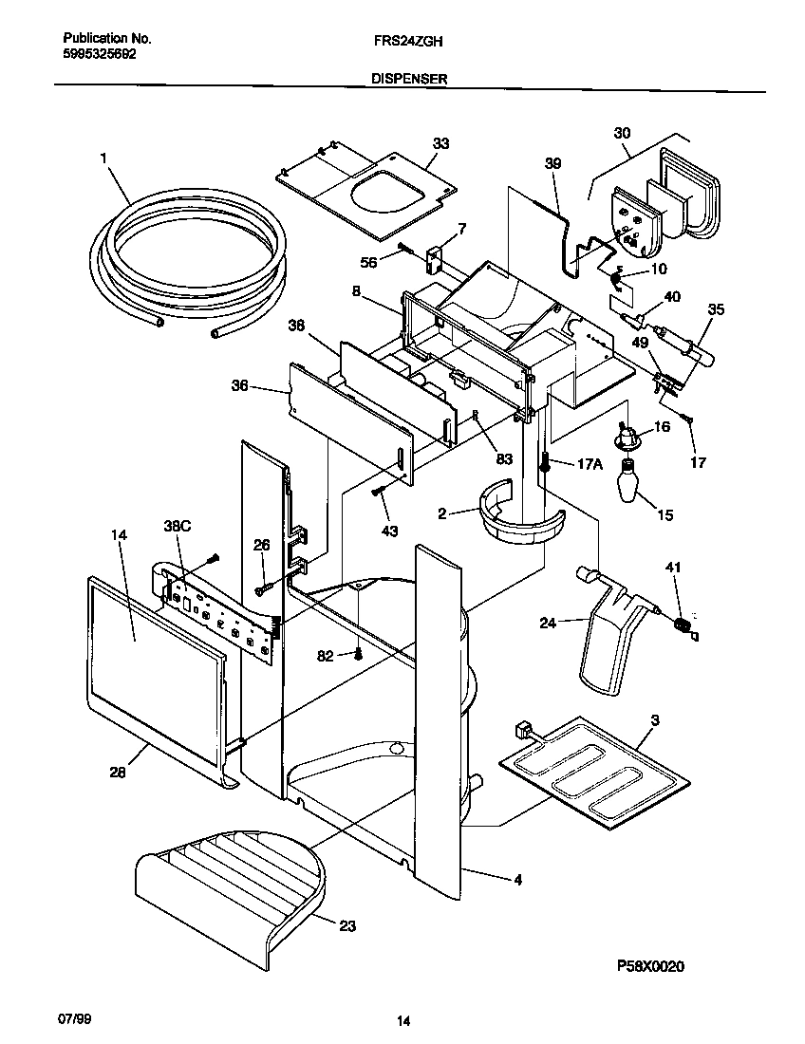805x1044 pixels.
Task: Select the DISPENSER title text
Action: (x=409, y=82)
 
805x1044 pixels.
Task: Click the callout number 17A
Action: (x=590, y=463)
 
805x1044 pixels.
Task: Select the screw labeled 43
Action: (x=379, y=491)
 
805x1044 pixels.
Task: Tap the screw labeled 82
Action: (x=358, y=653)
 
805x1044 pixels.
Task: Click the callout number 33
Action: (x=440, y=143)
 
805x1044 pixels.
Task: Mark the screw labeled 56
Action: (x=403, y=249)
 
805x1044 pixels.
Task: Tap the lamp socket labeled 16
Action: (x=627, y=437)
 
